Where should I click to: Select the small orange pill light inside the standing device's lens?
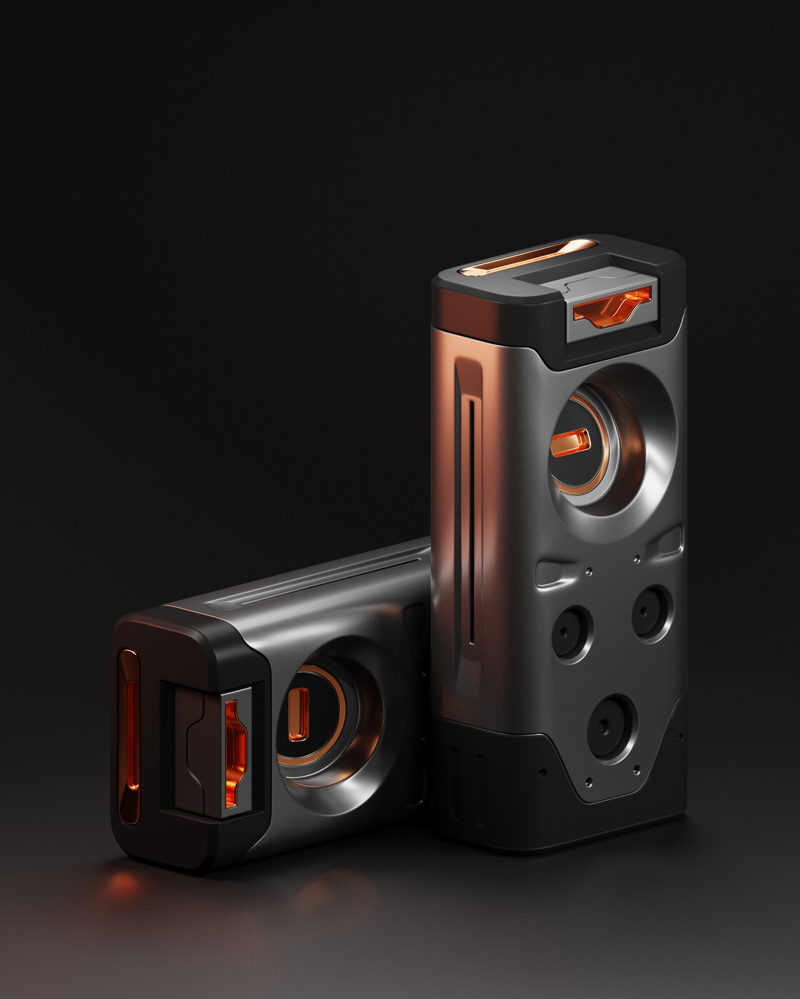(570, 442)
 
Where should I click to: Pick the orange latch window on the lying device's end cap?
(235, 753)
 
